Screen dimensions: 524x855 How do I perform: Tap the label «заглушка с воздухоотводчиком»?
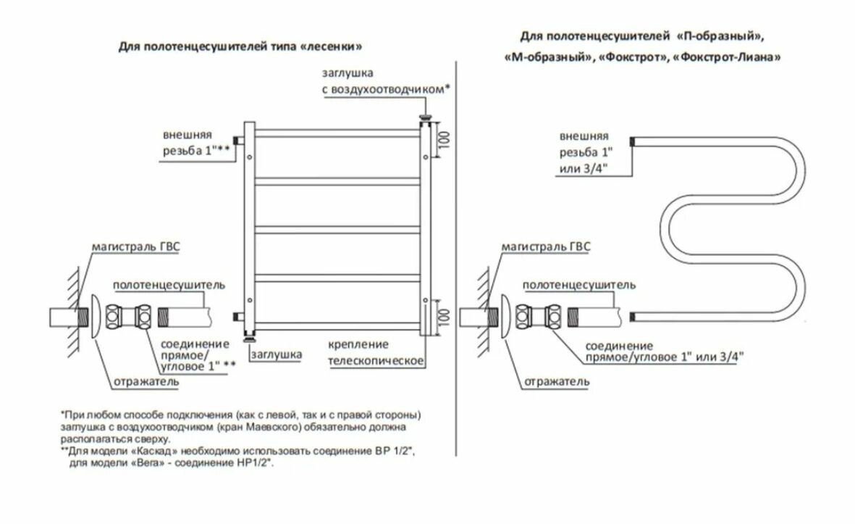point(385,81)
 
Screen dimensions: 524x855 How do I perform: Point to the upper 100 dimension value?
point(445,140)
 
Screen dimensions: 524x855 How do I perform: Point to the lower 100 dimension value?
point(445,317)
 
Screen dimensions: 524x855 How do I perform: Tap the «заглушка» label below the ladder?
point(277,354)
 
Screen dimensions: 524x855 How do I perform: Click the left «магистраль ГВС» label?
point(135,246)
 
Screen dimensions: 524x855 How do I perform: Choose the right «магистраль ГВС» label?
point(546,248)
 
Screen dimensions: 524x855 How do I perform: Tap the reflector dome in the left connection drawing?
point(95,316)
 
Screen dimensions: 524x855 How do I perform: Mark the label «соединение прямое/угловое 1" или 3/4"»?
point(665,351)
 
